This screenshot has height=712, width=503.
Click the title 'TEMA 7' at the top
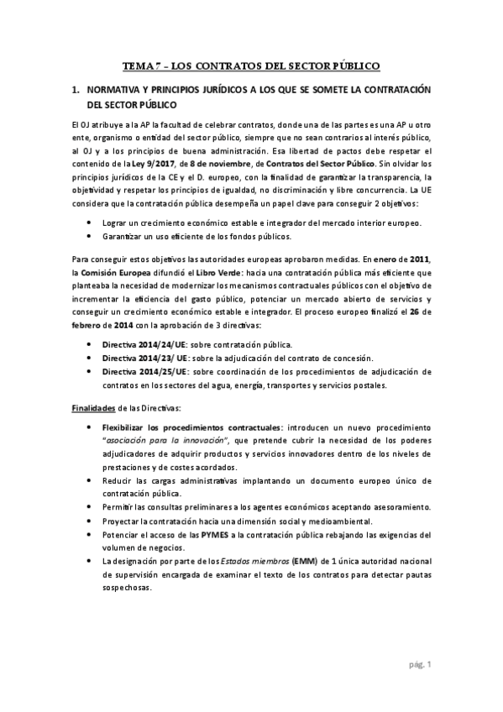(x=142, y=65)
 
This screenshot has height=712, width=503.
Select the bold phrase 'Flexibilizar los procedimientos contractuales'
(x=192, y=428)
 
